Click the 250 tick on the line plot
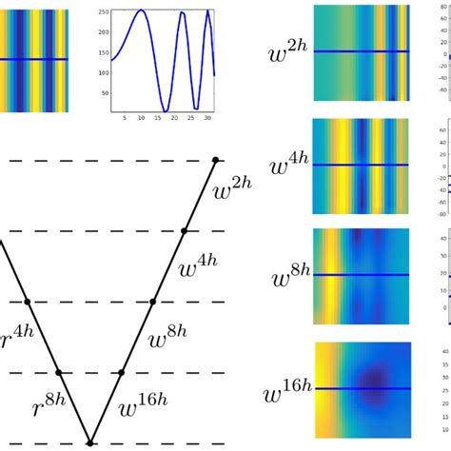point(103,10)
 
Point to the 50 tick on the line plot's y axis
point(103,91)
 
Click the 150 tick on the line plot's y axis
point(103,51)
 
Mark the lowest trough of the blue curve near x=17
point(167,110)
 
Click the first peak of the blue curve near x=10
point(141,10)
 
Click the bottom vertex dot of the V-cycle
point(90,442)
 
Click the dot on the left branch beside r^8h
point(59,372)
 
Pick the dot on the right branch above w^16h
point(121,372)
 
